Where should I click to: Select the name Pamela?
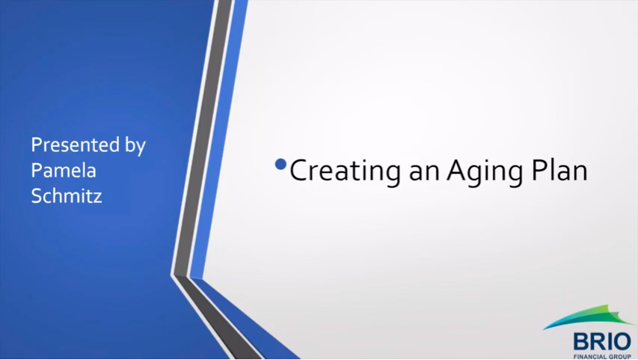(x=64, y=170)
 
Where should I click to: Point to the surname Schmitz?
(x=67, y=195)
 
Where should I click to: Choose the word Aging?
(x=484, y=171)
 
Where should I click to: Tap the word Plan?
(x=559, y=169)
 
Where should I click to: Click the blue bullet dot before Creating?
(x=280, y=164)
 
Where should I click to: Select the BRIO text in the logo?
(x=602, y=341)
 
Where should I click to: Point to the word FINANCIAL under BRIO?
(x=588, y=357)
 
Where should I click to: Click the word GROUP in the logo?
(x=618, y=357)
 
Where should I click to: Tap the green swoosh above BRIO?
(x=586, y=316)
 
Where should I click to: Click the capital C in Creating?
(x=299, y=170)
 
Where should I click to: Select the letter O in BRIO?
(x=622, y=341)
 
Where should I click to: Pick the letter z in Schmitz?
(x=97, y=198)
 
